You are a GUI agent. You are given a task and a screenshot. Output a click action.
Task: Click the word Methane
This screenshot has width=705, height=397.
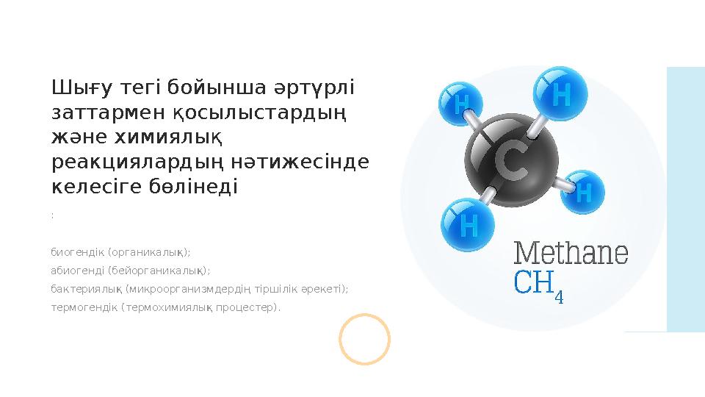(x=571, y=254)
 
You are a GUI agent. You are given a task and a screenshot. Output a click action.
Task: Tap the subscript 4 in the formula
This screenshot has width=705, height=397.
(x=560, y=296)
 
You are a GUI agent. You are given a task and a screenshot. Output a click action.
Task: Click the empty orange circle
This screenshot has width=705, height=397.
(x=364, y=339)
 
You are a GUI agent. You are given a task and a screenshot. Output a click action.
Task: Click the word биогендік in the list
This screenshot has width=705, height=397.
(x=76, y=252)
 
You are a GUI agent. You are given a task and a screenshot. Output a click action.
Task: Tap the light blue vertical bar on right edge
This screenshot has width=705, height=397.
(x=685, y=198)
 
